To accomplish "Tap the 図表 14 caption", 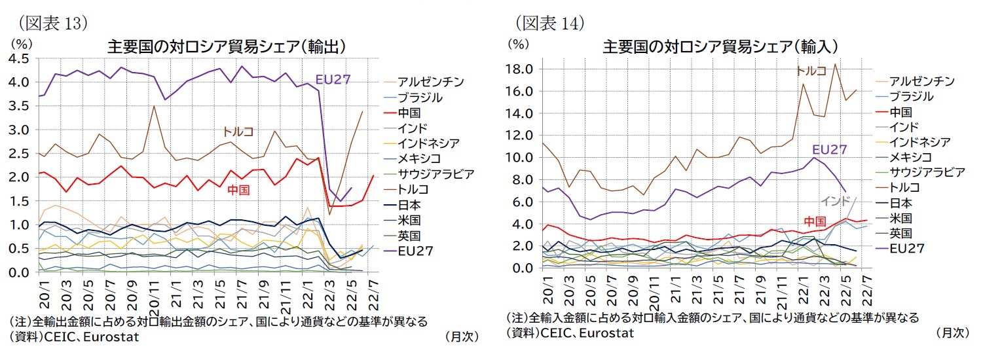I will pos(550,24).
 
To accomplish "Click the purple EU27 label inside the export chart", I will pos(333,79).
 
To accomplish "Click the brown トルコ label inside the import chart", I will pos(811,70).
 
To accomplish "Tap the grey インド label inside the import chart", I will pos(835,201).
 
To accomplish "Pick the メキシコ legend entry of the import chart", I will pos(912,157).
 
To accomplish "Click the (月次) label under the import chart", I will pos(952,333).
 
